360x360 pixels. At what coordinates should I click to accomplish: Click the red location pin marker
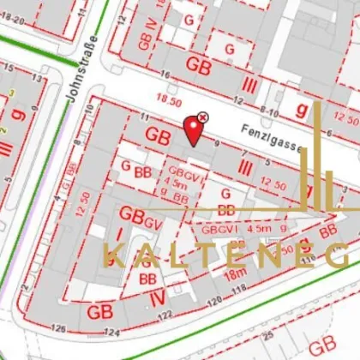pos(195,130)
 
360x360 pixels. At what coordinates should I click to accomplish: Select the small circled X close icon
pos(203,117)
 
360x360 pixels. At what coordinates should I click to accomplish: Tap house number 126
pos(59,328)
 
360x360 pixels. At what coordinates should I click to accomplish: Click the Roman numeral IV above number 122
pos(156,297)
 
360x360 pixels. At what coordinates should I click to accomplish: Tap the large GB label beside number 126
pos(97,311)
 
